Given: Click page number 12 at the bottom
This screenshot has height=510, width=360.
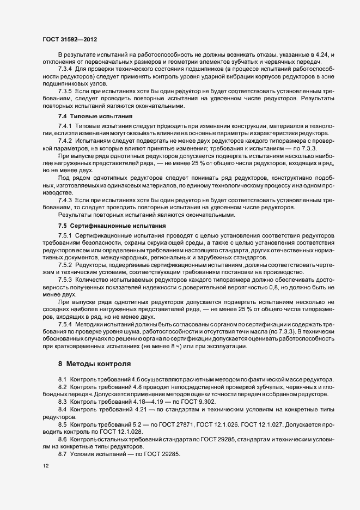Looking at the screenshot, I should (45, 466).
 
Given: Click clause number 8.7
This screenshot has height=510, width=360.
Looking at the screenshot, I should (63, 454).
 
